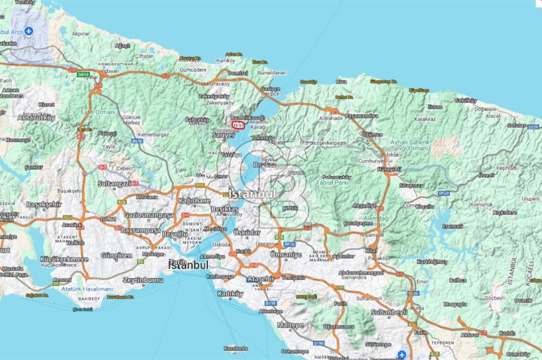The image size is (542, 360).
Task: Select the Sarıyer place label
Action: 223,135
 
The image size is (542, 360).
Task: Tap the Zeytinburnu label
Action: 143,280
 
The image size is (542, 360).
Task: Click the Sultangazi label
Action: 114,184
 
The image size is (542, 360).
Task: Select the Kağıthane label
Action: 194,200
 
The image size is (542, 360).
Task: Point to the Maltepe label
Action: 292,325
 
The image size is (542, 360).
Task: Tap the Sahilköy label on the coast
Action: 466,101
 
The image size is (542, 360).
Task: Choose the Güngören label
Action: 116,255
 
